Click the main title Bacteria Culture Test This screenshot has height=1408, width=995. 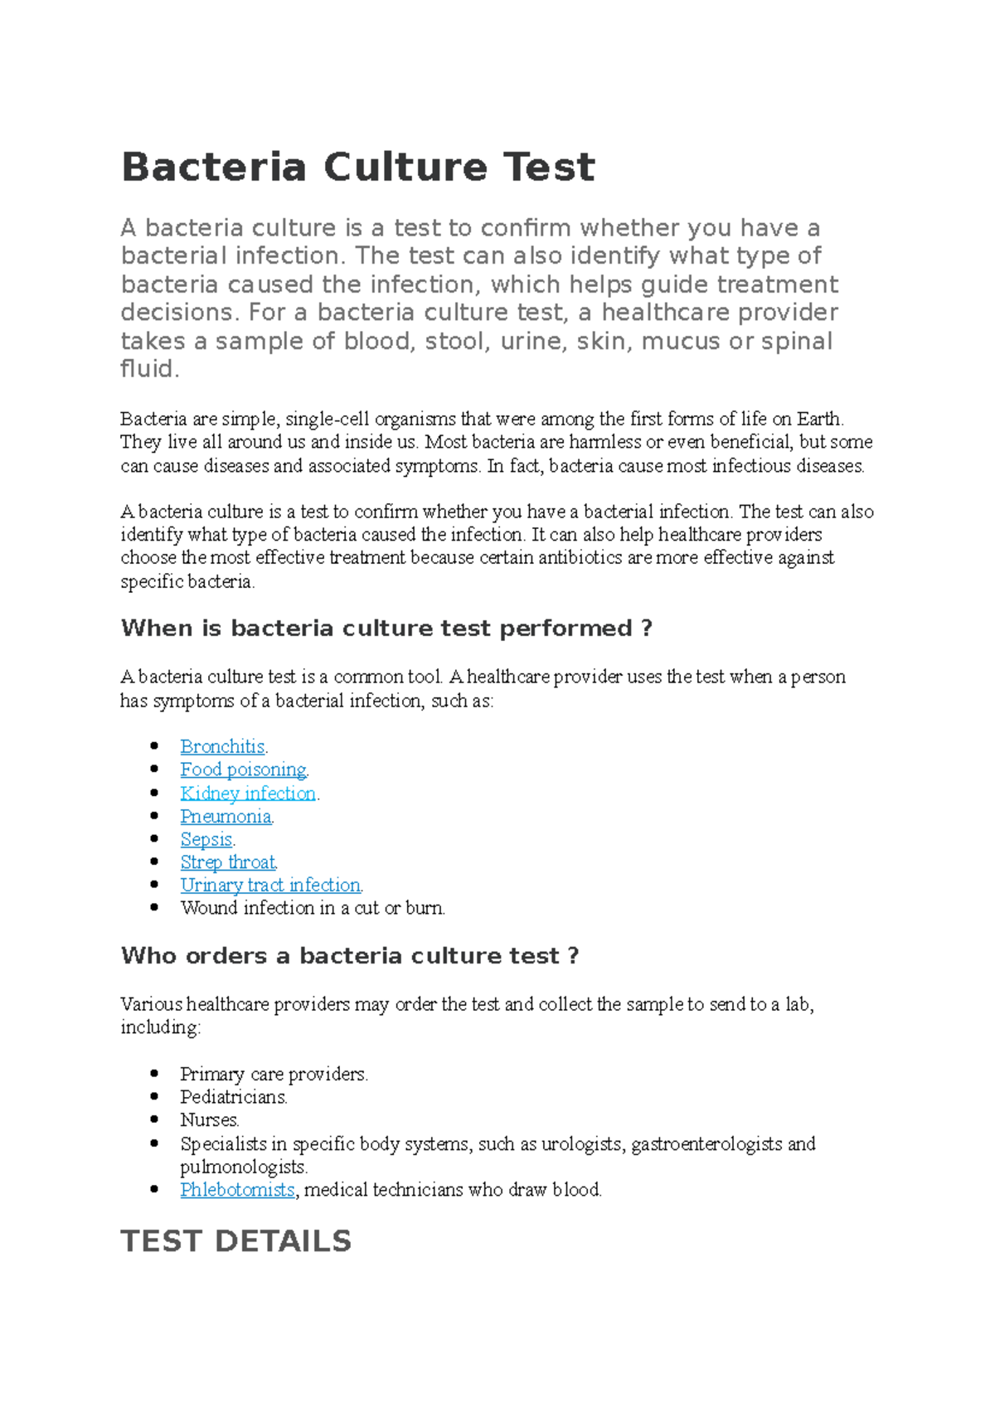tap(357, 168)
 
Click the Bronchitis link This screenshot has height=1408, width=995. tap(222, 746)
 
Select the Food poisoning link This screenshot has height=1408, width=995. tap(243, 770)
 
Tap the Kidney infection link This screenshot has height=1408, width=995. tap(248, 793)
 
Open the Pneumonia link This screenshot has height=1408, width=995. tap(226, 816)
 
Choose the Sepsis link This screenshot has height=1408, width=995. tap(206, 839)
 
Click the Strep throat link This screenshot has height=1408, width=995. tap(228, 862)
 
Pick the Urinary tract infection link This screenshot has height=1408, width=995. tap(270, 885)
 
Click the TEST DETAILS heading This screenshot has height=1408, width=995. tap(236, 1240)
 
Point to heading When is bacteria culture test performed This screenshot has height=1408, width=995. tap(386, 629)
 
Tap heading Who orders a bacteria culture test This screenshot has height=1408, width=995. tap(349, 955)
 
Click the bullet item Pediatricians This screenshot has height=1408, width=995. tap(233, 1097)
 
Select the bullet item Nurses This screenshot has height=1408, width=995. tap(209, 1120)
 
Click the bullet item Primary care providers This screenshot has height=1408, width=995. tap(273, 1074)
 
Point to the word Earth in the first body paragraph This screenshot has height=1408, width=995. tap(819, 419)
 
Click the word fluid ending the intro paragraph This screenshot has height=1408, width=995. tap(148, 369)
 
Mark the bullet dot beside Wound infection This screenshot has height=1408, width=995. tap(154, 907)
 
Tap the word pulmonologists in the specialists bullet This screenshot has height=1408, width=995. tap(243, 1167)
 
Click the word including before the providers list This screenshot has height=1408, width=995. tap(159, 1027)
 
